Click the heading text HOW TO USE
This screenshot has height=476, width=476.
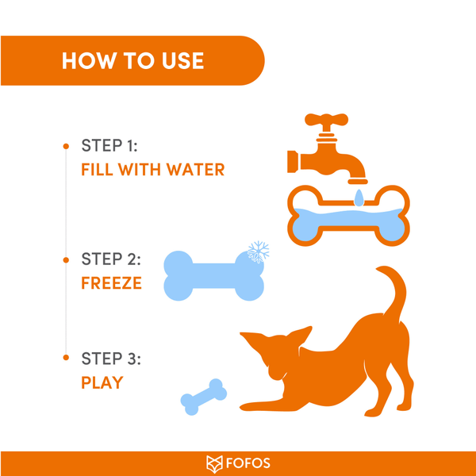pyautogui.click(x=132, y=60)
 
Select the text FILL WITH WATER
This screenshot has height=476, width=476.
pyautogui.click(x=153, y=170)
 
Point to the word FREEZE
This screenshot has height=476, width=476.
pyautogui.click(x=112, y=282)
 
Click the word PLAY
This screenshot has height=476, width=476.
pyautogui.click(x=102, y=382)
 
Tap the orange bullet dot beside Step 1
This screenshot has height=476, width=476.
pyautogui.click(x=65, y=147)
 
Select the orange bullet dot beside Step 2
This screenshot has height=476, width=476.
pyautogui.click(x=65, y=259)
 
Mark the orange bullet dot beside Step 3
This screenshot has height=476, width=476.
pyautogui.click(x=65, y=359)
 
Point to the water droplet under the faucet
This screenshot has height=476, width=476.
pyautogui.click(x=359, y=196)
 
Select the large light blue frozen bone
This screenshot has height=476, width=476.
pyautogui.click(x=213, y=275)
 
